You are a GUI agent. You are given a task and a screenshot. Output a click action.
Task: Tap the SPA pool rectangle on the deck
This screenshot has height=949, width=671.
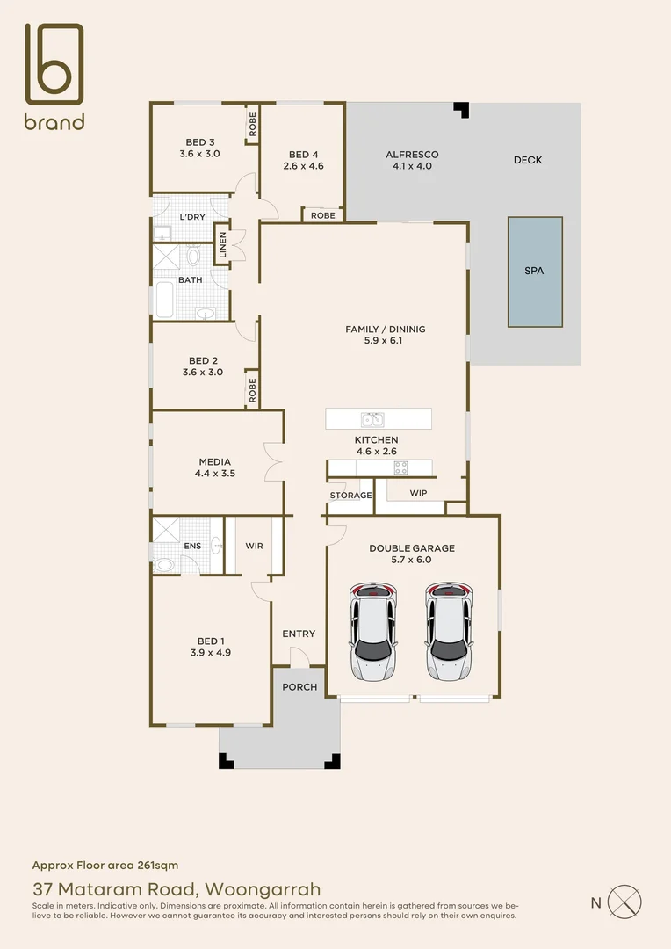[x=534, y=271]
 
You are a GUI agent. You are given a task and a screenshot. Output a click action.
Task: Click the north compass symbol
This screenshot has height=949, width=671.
[x=625, y=902]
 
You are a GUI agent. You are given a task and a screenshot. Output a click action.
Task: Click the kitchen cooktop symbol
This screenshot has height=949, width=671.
[x=400, y=467]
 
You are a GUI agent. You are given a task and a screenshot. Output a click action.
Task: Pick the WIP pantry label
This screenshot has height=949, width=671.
[x=418, y=493]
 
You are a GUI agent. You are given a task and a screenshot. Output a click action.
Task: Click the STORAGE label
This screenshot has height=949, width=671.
[x=350, y=496]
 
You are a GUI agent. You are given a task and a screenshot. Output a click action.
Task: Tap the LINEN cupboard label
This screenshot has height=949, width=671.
[x=222, y=244]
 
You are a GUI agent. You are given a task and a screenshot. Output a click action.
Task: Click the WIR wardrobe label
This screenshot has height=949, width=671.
[x=254, y=546]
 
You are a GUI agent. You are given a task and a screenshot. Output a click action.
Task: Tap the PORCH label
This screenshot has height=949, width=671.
[x=299, y=686]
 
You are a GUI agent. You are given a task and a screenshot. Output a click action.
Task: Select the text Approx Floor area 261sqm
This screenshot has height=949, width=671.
[x=105, y=865]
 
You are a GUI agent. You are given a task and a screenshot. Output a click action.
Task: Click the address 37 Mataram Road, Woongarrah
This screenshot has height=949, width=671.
[x=176, y=888]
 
